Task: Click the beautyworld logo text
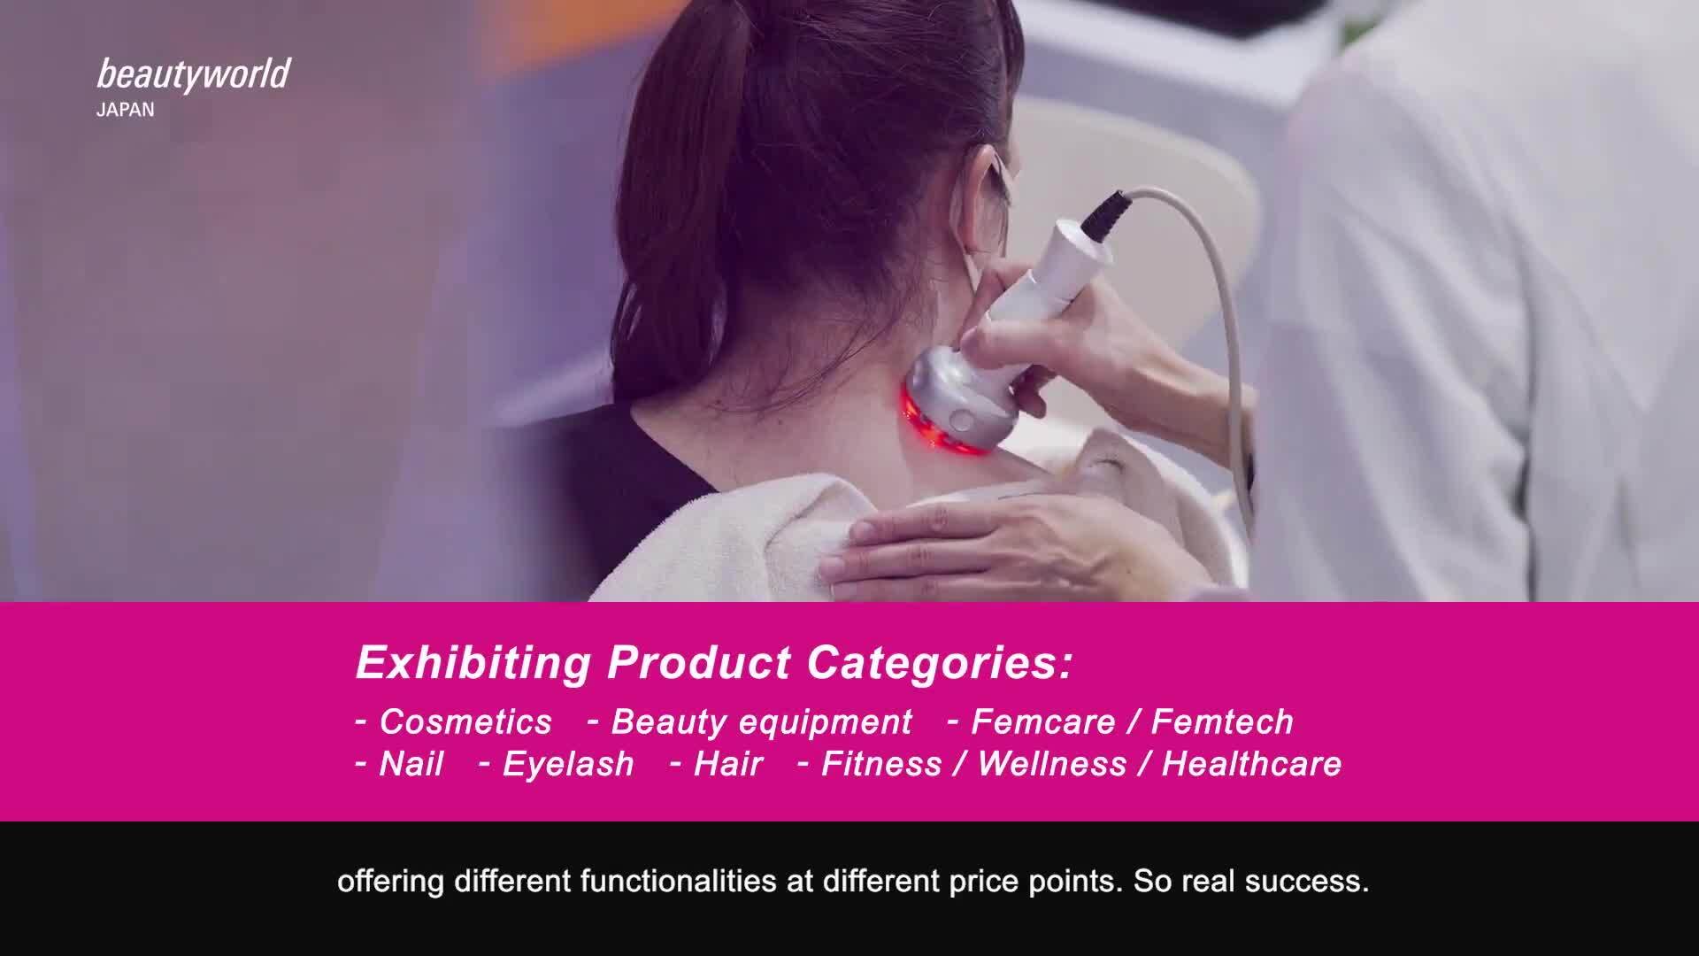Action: click(193, 75)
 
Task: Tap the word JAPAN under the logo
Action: click(125, 111)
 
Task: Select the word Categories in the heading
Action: click(939, 664)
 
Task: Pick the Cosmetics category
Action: click(465, 722)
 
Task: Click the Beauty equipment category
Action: click(761, 723)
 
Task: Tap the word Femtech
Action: click(1222, 722)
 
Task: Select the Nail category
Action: click(411, 764)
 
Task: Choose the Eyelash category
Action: click(568, 765)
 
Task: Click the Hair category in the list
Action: click(727, 764)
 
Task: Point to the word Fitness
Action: click(881, 764)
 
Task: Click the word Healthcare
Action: click(1251, 764)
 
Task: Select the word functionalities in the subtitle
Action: click(679, 882)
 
